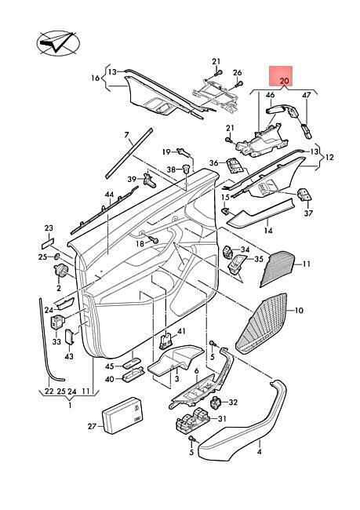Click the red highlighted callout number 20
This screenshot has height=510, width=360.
(284, 81)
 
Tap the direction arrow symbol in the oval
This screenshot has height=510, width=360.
(58, 42)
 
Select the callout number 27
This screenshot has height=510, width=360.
(93, 425)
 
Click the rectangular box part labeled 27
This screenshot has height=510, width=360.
(122, 415)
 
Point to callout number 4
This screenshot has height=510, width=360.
(260, 451)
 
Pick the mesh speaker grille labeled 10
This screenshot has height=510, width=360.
(261, 323)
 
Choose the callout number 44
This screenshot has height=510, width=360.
(109, 195)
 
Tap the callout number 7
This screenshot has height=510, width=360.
(126, 134)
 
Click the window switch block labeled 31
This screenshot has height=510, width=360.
(192, 421)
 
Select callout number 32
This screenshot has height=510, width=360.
(233, 403)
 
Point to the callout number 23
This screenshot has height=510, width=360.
(49, 228)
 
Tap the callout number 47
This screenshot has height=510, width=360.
(307, 95)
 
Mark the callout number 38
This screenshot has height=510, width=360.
(171, 169)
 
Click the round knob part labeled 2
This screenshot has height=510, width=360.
(60, 271)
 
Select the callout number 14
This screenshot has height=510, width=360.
(268, 231)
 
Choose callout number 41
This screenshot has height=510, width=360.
(181, 331)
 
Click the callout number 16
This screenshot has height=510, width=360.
(95, 78)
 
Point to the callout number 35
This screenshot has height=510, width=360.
(259, 259)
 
